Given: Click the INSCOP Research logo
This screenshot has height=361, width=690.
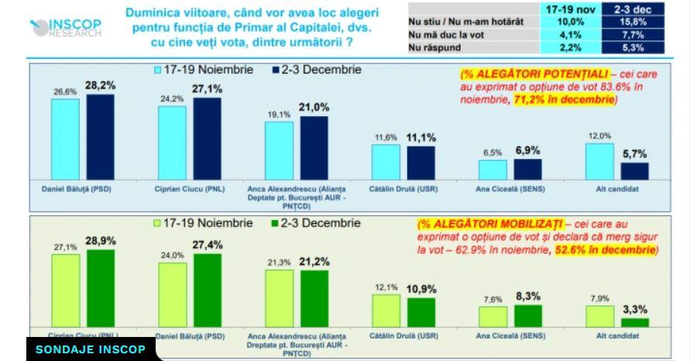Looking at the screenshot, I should coord(66,27).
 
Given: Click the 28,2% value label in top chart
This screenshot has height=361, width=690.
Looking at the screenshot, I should coord(100,85).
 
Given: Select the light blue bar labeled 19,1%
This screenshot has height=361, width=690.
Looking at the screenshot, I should coord(279,150).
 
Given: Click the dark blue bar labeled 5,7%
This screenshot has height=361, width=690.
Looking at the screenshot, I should coord(634,171).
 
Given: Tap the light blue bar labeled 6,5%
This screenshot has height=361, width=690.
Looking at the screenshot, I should coord(493,170).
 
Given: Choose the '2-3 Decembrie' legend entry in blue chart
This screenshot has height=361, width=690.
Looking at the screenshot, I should coord(310,70).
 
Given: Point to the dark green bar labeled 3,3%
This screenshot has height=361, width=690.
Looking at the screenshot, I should coord(634,322).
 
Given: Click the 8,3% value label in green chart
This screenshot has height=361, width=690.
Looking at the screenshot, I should coord(527,296).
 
